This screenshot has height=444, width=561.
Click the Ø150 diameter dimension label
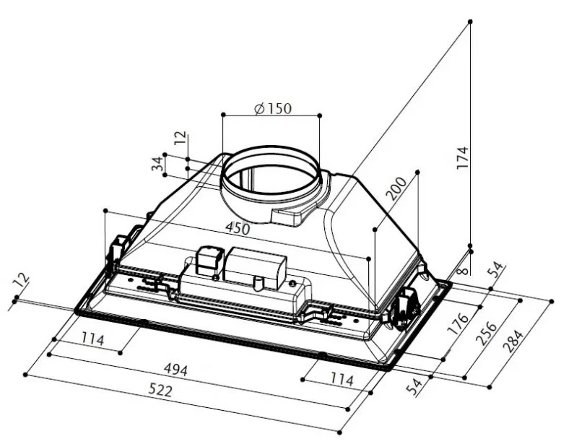click(x=273, y=108)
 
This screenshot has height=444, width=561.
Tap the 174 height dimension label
click(x=463, y=157)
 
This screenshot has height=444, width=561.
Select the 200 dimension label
click(x=397, y=188)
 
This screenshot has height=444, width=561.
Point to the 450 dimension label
click(x=238, y=228)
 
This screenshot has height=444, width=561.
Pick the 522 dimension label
click(x=160, y=391)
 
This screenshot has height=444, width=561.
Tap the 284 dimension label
click(x=513, y=341)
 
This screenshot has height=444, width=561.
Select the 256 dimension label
click(x=487, y=334)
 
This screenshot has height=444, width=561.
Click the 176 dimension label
click(x=459, y=323)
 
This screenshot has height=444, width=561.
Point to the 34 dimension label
click(x=158, y=164)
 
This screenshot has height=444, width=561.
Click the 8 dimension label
click(x=463, y=271)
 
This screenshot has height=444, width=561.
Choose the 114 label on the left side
click(x=92, y=339)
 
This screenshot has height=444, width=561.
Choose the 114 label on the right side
click(x=342, y=379)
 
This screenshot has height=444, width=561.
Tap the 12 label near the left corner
click(x=20, y=281)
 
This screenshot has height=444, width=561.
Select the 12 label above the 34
click(x=181, y=138)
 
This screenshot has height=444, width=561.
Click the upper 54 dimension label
click(x=496, y=270)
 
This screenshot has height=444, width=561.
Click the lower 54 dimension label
click(x=416, y=387)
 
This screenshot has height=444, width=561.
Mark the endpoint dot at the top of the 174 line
click(x=470, y=22)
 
